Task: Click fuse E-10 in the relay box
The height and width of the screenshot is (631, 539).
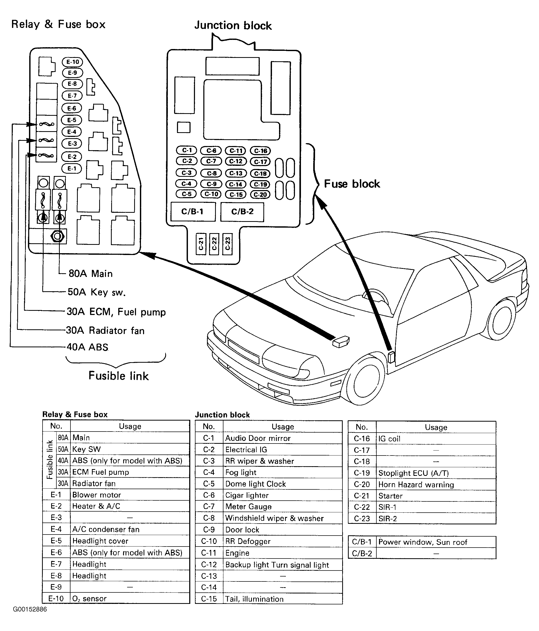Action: tap(72, 62)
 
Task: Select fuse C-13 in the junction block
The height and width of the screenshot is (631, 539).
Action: tap(236, 173)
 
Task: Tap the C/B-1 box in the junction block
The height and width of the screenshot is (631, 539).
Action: tap(193, 212)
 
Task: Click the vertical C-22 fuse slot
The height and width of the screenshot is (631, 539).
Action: tap(214, 244)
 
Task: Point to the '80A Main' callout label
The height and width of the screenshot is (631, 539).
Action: tap(91, 274)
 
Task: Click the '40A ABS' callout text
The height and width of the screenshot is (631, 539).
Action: tap(87, 347)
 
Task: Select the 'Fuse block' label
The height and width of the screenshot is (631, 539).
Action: tap(352, 184)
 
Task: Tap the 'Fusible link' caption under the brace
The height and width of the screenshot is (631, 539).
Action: tap(119, 376)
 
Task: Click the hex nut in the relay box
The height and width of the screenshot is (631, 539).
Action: tap(58, 236)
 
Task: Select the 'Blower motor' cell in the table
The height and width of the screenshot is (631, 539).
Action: tap(97, 495)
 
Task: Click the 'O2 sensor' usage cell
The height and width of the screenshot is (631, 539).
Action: tap(89, 598)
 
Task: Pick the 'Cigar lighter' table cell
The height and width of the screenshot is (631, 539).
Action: tap(247, 495)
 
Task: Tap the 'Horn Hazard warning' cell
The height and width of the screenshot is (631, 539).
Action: tap(416, 484)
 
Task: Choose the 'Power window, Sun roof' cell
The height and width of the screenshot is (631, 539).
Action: tap(423, 542)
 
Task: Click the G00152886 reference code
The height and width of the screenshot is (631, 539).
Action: tap(30, 609)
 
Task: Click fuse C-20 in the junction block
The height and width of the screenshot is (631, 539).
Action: tap(260, 195)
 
